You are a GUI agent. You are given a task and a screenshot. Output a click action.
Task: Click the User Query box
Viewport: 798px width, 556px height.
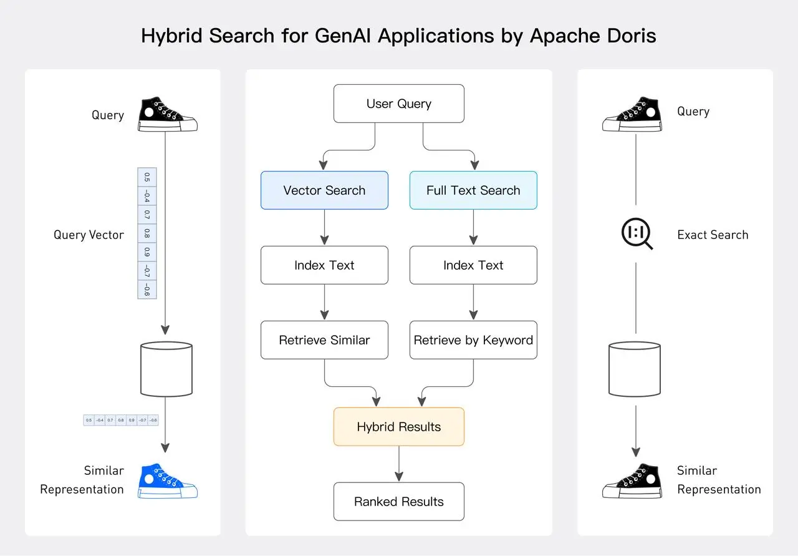pyautogui.click(x=399, y=104)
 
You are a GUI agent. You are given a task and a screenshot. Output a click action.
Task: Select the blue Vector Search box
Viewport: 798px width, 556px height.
pyautogui.click(x=324, y=190)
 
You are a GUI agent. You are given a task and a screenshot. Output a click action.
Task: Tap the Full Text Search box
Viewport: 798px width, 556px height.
pyautogui.click(x=473, y=190)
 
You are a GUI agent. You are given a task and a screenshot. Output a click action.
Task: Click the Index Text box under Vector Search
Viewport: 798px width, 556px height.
pyautogui.click(x=324, y=265)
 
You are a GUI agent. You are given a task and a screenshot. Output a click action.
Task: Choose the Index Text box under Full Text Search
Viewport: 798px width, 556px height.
pyautogui.click(x=473, y=265)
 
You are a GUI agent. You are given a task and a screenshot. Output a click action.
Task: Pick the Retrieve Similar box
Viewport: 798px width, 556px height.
pyautogui.click(x=324, y=340)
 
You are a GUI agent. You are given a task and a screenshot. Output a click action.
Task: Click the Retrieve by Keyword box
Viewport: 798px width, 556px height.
pyautogui.click(x=473, y=340)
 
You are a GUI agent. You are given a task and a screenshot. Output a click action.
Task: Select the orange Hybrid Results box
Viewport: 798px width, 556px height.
pyautogui.click(x=399, y=427)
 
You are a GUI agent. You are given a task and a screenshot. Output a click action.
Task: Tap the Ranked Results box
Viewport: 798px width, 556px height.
pyautogui.click(x=399, y=502)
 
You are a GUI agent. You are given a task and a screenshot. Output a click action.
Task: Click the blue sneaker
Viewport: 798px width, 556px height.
pyautogui.click(x=167, y=481)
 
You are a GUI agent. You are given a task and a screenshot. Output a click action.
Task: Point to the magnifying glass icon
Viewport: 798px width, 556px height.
pyautogui.click(x=637, y=235)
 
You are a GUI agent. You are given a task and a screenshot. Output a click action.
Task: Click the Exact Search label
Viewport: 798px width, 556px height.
pyautogui.click(x=713, y=235)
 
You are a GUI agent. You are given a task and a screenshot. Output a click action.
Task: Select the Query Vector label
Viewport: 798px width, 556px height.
pyautogui.click(x=89, y=235)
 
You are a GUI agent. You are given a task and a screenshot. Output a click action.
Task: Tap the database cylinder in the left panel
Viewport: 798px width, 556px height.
pyautogui.click(x=166, y=369)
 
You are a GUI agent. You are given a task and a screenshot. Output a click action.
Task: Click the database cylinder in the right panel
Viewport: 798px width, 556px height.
pyautogui.click(x=634, y=369)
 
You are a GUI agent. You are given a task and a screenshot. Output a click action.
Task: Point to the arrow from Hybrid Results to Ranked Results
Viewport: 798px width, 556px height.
pyautogui.click(x=399, y=464)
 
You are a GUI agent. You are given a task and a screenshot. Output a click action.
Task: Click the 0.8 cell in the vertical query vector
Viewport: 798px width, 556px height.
pyautogui.click(x=147, y=234)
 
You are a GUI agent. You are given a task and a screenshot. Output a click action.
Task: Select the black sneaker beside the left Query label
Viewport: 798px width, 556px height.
pyautogui.click(x=167, y=114)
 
